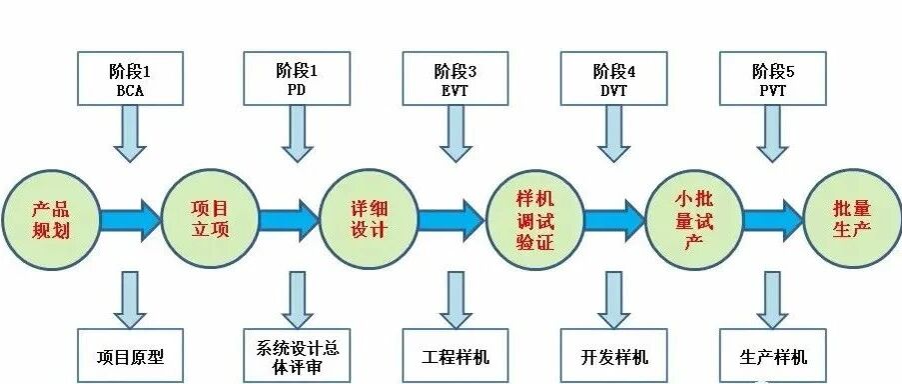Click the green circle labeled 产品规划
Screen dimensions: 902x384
tap(51, 219)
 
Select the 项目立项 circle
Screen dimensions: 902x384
tap(210, 219)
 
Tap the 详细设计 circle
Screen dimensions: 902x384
tap(369, 219)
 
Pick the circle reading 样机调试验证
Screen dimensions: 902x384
tap(535, 219)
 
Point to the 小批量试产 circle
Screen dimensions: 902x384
tap(695, 219)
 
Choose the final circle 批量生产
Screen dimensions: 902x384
tap(852, 219)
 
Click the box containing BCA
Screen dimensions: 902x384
tap(130, 78)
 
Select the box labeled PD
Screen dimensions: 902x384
tap(297, 78)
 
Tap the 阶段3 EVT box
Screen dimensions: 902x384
tap(455, 78)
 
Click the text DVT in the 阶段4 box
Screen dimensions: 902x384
tap(613, 91)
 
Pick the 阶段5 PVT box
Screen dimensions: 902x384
tap(772, 78)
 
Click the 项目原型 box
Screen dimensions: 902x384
tap(130, 355)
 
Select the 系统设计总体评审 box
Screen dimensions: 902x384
tap(297, 355)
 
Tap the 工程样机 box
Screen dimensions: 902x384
tap(455, 355)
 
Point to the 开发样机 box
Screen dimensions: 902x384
tap(613, 355)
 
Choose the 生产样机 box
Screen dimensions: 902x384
tap(772, 355)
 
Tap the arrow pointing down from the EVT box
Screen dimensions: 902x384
tap(455, 134)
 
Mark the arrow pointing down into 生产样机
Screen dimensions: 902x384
tap(772, 300)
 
